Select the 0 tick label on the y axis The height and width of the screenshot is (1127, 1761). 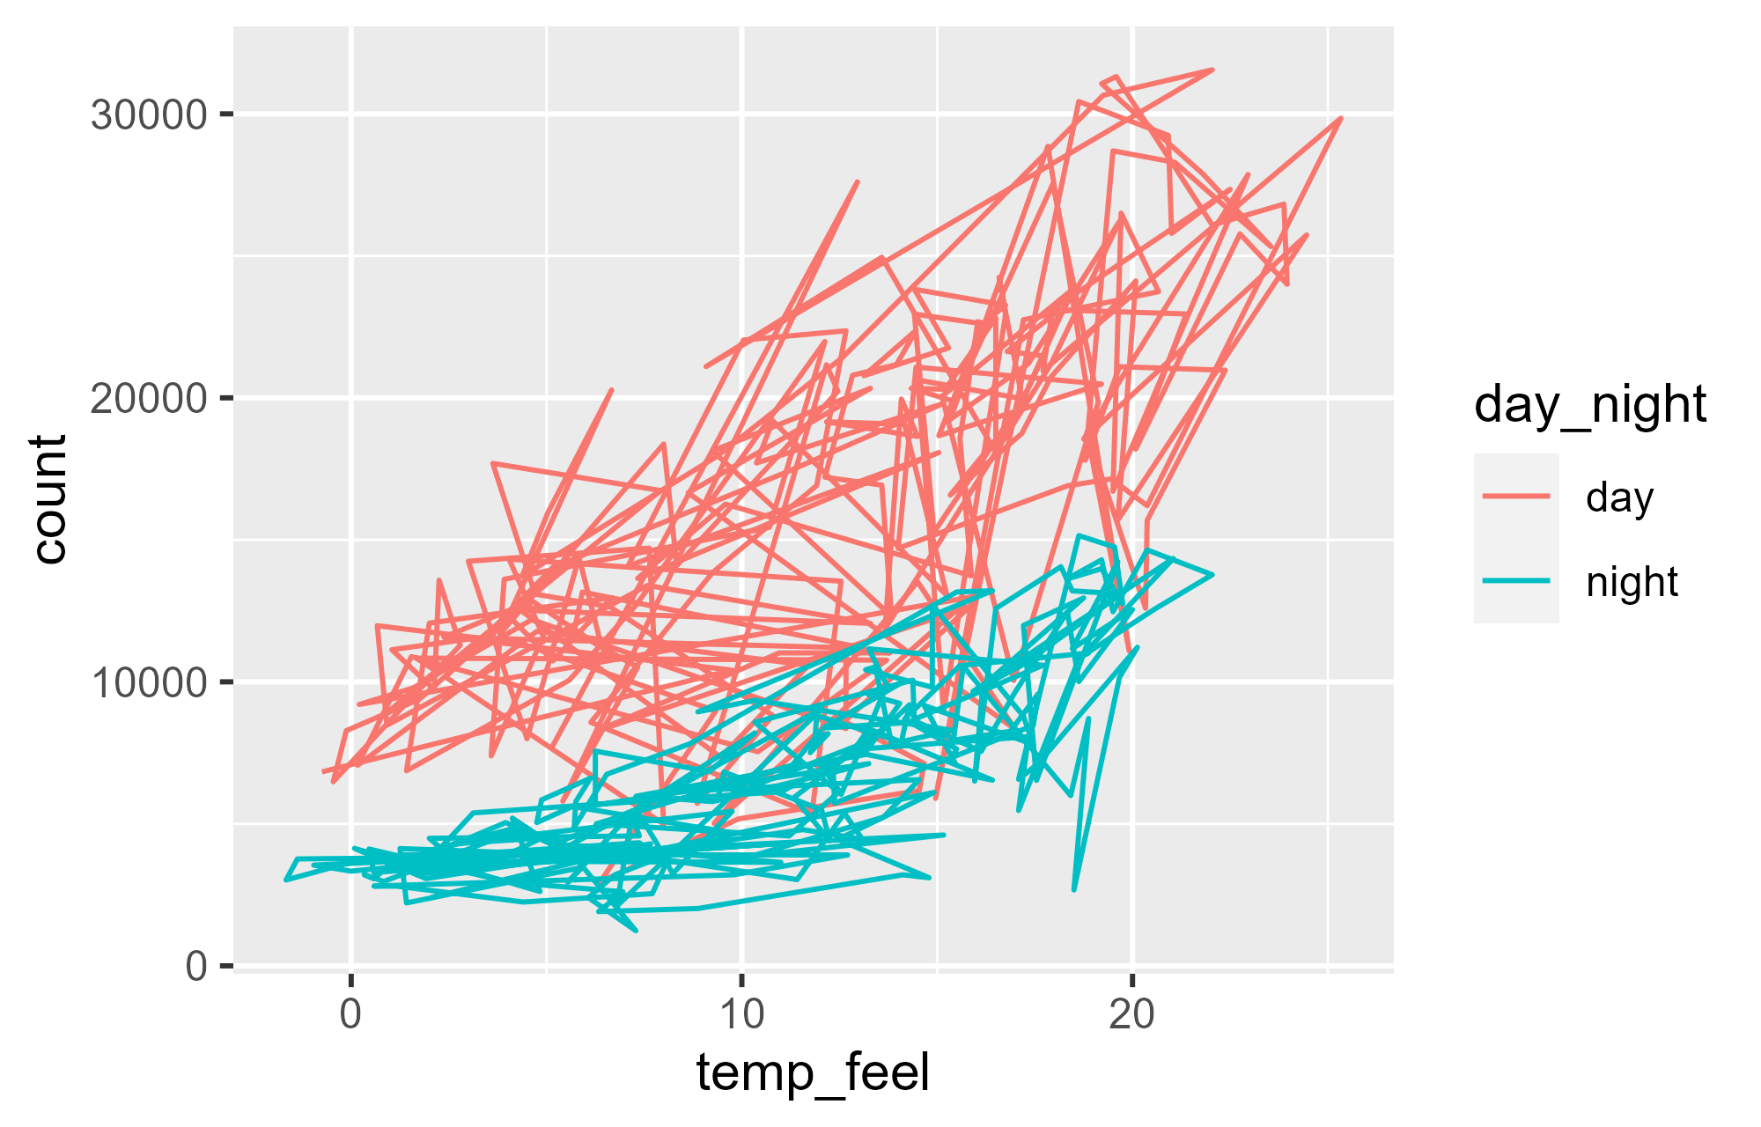click(x=196, y=967)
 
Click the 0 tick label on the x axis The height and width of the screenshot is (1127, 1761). click(x=350, y=1015)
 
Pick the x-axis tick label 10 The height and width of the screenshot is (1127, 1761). click(x=741, y=1015)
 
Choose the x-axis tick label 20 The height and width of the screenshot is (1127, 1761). click(x=1131, y=1015)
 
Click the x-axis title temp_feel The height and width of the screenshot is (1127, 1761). click(x=812, y=1073)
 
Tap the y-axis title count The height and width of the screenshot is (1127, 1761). click(x=51, y=498)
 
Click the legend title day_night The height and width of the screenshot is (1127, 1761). click(x=1590, y=405)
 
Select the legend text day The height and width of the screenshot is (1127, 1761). click(x=1619, y=497)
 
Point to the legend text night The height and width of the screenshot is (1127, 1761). click(x=1632, y=582)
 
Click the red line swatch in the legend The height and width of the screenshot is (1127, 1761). click(x=1516, y=497)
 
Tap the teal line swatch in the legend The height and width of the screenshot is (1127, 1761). click(x=1516, y=581)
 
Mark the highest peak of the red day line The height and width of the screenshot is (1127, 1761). click(x=1212, y=69)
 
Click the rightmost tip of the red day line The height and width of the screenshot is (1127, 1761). click(x=1340, y=117)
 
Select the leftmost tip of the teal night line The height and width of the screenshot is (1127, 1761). click(x=285, y=880)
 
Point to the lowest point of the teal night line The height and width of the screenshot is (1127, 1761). click(x=636, y=931)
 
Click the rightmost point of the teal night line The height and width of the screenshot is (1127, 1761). click(x=1212, y=574)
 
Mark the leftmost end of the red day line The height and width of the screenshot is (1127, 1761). click(x=323, y=771)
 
